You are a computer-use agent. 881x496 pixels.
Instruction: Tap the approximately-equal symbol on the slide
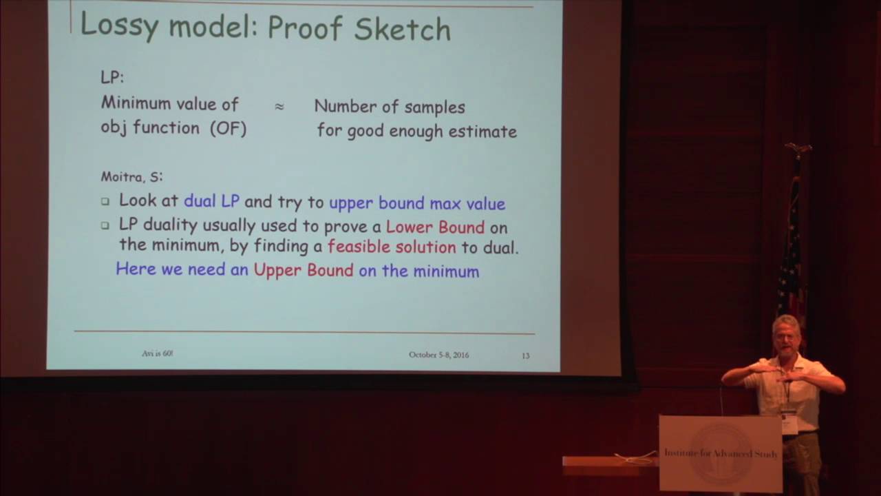(279, 107)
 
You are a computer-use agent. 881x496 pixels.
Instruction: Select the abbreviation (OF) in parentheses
(228, 128)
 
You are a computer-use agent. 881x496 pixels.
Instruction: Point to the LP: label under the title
(112, 77)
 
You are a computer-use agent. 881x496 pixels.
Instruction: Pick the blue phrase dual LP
(211, 201)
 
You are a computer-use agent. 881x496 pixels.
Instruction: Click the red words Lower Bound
(435, 227)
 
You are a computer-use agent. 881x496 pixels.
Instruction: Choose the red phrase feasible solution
(392, 247)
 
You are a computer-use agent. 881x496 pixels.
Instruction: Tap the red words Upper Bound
(304, 270)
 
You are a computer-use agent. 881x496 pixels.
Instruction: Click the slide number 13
(526, 355)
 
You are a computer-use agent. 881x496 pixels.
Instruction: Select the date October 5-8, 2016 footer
(438, 355)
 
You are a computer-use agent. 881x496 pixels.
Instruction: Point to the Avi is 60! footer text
(157, 353)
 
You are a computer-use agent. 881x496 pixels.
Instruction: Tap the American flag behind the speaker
(792, 248)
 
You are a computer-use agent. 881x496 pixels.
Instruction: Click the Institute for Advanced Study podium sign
(720, 453)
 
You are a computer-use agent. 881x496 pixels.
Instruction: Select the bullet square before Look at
(105, 202)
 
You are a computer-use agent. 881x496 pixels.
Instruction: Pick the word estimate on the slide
(482, 131)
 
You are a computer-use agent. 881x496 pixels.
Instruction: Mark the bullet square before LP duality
(105, 226)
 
